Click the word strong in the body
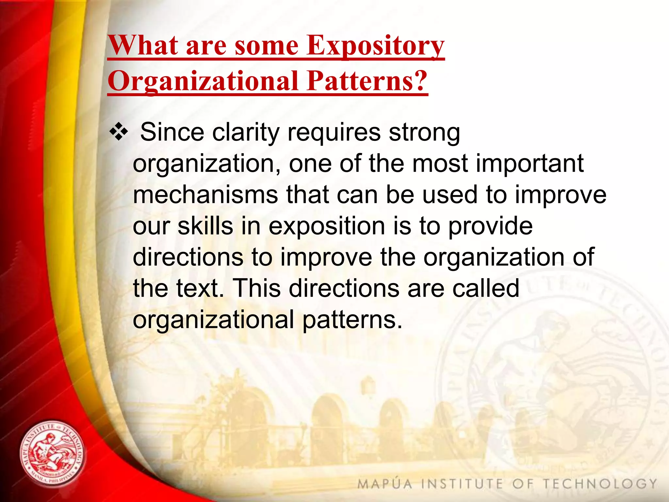coord(424,133)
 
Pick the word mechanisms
coord(205,195)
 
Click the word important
coord(530,163)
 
